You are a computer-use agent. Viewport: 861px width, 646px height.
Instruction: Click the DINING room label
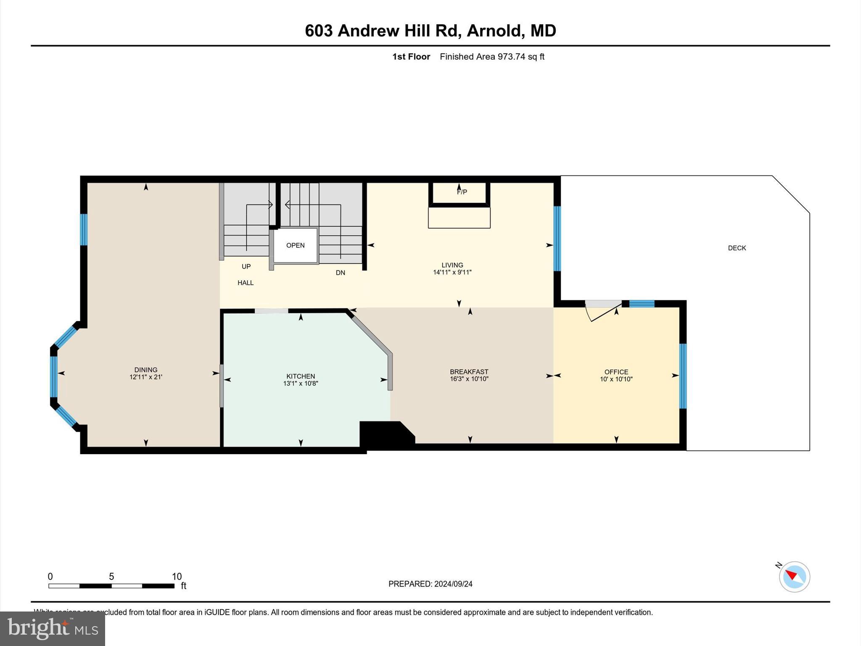(x=145, y=370)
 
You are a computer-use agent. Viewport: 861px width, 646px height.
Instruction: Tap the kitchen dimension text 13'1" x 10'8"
(x=300, y=384)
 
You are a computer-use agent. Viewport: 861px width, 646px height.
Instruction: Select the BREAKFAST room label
(x=469, y=372)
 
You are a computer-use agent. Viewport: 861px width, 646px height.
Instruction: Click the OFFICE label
(x=616, y=372)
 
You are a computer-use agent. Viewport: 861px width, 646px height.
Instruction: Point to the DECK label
(x=737, y=248)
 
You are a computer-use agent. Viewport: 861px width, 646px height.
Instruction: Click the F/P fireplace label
(x=462, y=192)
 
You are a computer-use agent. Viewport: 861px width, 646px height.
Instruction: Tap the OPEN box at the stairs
(x=295, y=246)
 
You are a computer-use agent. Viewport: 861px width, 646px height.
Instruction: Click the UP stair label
(x=246, y=267)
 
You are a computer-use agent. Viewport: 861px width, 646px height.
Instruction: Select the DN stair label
(x=340, y=273)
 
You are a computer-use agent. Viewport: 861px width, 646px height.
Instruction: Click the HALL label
(x=245, y=283)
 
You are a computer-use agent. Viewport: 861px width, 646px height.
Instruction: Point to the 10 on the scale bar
(x=177, y=577)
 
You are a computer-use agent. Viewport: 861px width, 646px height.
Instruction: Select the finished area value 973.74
(x=511, y=57)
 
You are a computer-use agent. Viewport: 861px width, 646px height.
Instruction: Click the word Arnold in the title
(x=494, y=31)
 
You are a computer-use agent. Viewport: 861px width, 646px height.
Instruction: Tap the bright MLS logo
(x=53, y=628)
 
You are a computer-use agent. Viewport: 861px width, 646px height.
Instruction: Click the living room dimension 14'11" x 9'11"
(x=452, y=273)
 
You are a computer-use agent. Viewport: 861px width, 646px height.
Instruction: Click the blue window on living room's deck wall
(x=557, y=238)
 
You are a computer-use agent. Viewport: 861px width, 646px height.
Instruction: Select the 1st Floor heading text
(x=411, y=57)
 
